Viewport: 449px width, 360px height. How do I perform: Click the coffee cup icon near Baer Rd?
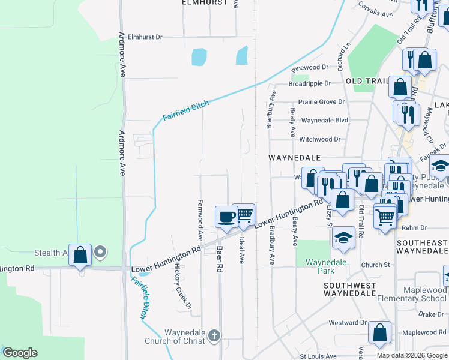click(226, 217)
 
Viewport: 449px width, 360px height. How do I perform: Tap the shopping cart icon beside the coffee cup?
click(244, 215)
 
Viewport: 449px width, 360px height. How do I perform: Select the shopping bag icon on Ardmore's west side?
click(80, 255)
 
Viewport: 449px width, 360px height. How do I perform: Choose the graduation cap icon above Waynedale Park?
click(344, 237)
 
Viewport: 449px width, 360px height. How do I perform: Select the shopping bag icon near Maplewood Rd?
click(379, 332)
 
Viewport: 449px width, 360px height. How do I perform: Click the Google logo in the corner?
click(20, 353)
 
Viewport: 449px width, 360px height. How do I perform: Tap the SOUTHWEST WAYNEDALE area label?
click(349, 289)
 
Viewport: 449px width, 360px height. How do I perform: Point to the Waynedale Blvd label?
click(324, 120)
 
